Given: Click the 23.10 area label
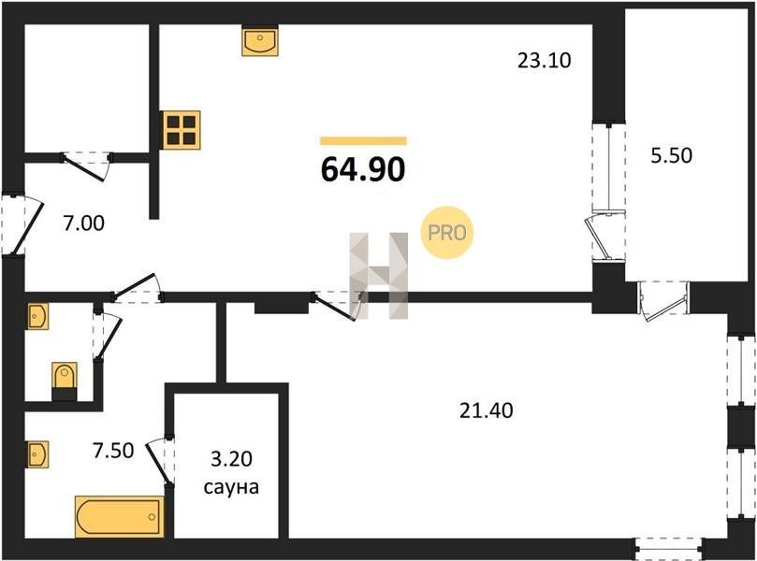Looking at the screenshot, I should pos(544,62).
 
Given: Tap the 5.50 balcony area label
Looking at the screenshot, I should pos(671,156).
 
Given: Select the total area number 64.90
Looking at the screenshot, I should pos(363,169).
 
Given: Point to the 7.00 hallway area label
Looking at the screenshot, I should pos(82,223).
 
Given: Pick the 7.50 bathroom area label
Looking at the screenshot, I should pos(113,450).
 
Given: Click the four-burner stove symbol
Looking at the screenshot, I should pos(182,130).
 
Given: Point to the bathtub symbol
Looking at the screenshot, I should pos(118,517).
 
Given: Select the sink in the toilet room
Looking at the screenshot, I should pos(37,317).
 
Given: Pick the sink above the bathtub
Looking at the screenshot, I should pos(37,454).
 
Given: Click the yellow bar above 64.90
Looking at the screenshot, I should pos(363,141).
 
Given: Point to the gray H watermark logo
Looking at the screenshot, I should pos(379,275).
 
